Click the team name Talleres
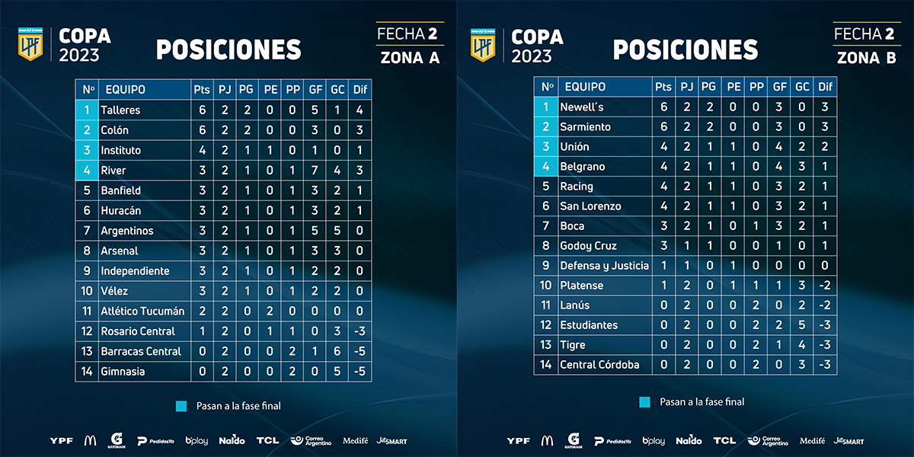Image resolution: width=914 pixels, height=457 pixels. pyautogui.click(x=120, y=110)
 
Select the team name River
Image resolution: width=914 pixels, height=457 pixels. pyautogui.click(x=113, y=171)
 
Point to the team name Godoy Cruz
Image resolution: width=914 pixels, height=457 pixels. pyautogui.click(x=588, y=246)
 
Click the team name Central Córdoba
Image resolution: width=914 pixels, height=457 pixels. pyautogui.click(x=599, y=365)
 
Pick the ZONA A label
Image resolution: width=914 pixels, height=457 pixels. pyautogui.click(x=410, y=57)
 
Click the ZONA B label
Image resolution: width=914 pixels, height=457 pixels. pyautogui.click(x=867, y=57)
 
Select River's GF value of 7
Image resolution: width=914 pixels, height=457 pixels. pyautogui.click(x=315, y=171)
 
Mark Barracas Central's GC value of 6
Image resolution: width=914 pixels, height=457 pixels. pyautogui.click(x=337, y=351)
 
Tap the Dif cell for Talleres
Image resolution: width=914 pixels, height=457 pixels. pyautogui.click(x=360, y=110)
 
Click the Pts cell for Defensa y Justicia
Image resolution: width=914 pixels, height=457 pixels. pyautogui.click(x=663, y=266)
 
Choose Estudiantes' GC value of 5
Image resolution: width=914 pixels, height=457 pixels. pyautogui.click(x=803, y=325)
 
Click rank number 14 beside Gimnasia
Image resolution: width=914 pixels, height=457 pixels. pyautogui.click(x=88, y=372)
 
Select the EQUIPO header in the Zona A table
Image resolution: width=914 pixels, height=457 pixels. pyautogui.click(x=125, y=90)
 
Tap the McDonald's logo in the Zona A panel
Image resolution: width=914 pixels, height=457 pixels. pyautogui.click(x=90, y=440)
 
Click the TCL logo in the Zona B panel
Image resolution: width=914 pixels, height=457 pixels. pyautogui.click(x=724, y=440)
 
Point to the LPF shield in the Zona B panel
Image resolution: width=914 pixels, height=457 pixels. pyautogui.click(x=481, y=44)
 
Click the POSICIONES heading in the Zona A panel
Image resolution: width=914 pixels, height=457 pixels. pyautogui.click(x=228, y=50)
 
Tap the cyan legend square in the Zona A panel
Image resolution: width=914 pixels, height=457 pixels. pyautogui.click(x=181, y=406)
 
